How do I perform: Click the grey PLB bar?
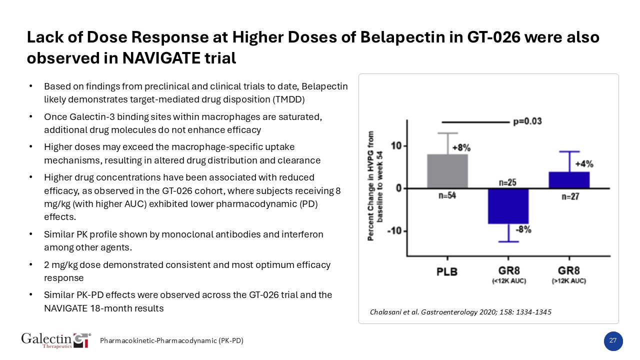(x=447, y=171)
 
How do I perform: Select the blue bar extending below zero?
(x=508, y=205)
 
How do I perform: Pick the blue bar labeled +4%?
(x=569, y=180)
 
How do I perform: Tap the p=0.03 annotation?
(x=527, y=121)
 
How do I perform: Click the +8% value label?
(x=461, y=148)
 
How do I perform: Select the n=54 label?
(x=447, y=196)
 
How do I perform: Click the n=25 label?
(x=508, y=182)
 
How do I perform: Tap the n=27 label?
(x=569, y=196)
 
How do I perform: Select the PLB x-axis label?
(x=444, y=271)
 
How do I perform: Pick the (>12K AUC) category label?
(x=569, y=281)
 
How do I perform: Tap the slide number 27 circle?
(x=613, y=341)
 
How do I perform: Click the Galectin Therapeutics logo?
(x=56, y=340)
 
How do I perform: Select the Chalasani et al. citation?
(x=460, y=312)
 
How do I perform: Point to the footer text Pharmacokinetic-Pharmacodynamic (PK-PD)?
(x=171, y=341)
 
